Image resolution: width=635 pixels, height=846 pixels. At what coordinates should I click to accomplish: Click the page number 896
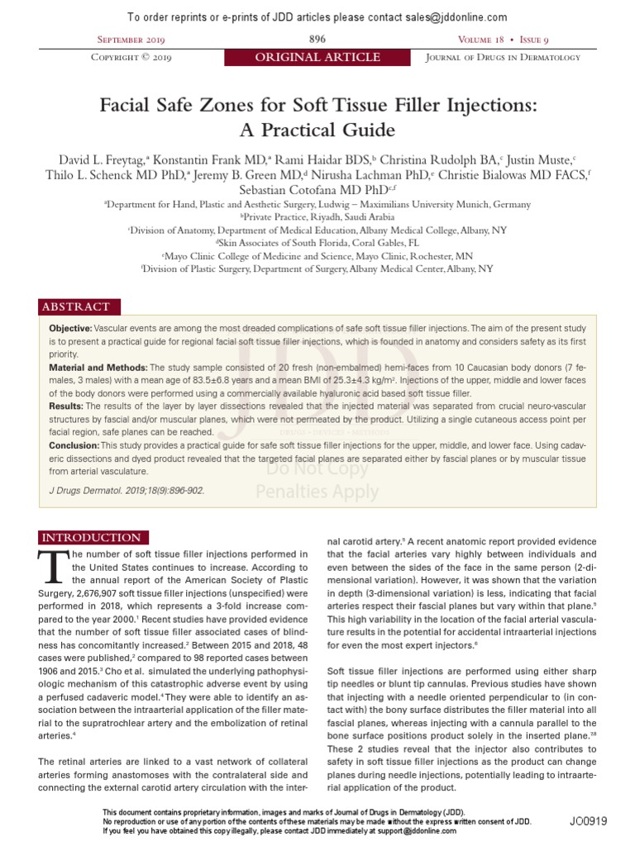point(317,40)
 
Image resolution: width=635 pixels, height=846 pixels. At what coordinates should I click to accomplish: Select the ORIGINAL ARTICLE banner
point(317,58)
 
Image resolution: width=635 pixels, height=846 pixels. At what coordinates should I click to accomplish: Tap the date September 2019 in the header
point(133,40)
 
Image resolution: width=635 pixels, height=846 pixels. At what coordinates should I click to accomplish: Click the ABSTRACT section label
point(75,307)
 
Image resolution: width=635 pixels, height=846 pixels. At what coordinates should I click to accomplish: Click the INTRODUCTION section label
point(90,538)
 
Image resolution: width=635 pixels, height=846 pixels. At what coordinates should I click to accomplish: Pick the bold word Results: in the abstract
point(67,406)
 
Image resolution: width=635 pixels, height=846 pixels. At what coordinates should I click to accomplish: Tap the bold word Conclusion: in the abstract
point(74,444)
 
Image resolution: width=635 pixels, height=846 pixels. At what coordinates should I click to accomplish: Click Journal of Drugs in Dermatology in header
point(503,58)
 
